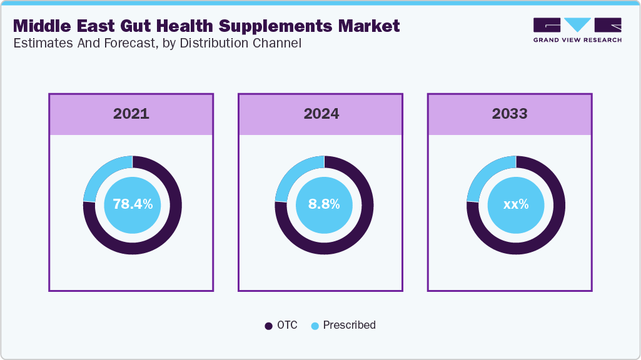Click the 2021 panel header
pos(131,114)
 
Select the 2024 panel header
pos(321,114)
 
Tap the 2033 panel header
pos(509,114)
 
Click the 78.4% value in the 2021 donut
pos(132,204)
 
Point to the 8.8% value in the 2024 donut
pos(324,204)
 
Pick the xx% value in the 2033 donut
pos(516,204)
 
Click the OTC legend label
pos(288,325)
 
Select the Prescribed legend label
pos(349,325)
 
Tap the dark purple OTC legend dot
pos(269,326)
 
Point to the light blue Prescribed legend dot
pos(315,326)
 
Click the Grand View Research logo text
pos(577,40)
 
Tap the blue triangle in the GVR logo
pos(577,25)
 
